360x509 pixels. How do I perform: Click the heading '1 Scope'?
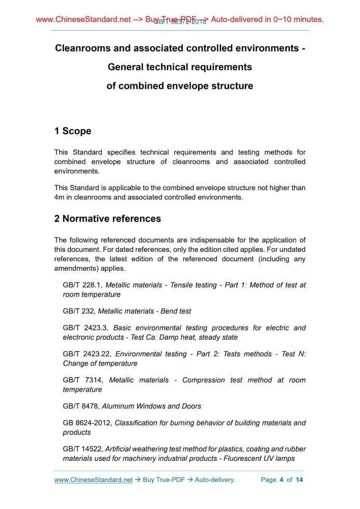(x=73, y=131)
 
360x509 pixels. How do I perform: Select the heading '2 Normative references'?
(x=108, y=219)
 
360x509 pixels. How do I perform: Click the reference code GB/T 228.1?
(x=82, y=285)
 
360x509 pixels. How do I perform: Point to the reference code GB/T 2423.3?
(x=86, y=328)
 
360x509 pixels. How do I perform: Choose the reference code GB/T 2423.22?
(x=87, y=354)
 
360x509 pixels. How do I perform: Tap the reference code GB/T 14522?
(x=83, y=449)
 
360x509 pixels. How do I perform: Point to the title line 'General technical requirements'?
(x=180, y=67)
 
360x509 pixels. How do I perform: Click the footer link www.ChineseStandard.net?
(x=94, y=479)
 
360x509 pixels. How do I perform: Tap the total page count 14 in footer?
(x=299, y=479)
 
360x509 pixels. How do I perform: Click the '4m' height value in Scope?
(x=59, y=197)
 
